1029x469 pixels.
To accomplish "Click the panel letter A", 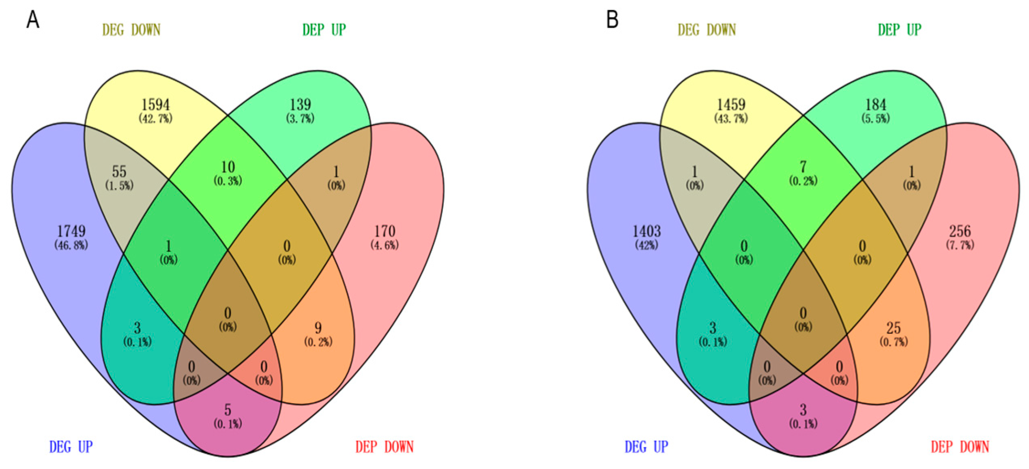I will [x=33, y=19].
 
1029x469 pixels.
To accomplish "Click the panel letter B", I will [x=612, y=19].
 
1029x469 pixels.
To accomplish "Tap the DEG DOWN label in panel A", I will [x=131, y=30].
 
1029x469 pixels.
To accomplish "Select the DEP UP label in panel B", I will [x=900, y=30].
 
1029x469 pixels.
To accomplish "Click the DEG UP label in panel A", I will [x=71, y=447].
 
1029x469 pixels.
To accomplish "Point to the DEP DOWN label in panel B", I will [x=960, y=447].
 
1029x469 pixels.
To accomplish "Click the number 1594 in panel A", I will [x=155, y=105].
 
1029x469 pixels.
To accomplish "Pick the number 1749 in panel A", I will [x=71, y=231].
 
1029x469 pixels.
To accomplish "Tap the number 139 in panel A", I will [x=300, y=105].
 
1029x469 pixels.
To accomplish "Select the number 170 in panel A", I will [x=385, y=231].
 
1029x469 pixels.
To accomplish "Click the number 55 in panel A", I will [x=119, y=171].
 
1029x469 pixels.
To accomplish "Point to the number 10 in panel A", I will [x=228, y=167].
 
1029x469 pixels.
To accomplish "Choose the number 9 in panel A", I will [x=318, y=328].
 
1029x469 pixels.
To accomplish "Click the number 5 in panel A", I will [x=228, y=410].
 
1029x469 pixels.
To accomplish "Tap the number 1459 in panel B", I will [x=731, y=105].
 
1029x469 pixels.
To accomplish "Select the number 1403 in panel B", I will [x=647, y=231].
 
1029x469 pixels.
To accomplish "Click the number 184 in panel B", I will [x=876, y=105].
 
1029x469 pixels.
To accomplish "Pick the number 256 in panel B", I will [x=960, y=231].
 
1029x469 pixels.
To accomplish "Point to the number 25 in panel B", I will [x=894, y=328].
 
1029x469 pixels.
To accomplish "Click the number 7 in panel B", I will [x=803, y=167].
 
